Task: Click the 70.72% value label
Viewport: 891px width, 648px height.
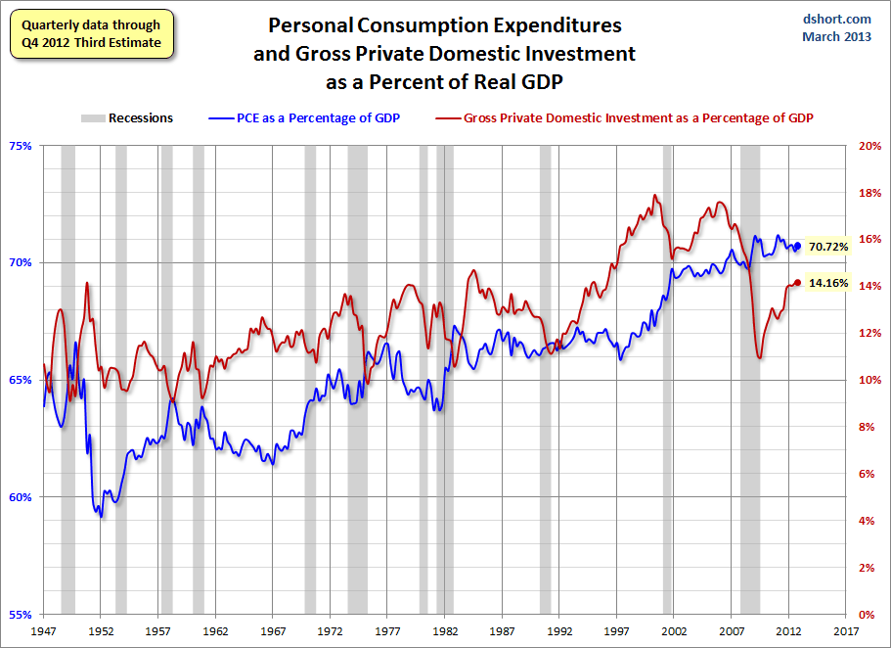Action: (828, 247)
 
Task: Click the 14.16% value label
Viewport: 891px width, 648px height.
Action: (828, 284)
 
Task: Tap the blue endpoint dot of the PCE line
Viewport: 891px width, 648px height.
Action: (798, 247)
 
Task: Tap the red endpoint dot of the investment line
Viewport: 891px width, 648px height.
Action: (798, 283)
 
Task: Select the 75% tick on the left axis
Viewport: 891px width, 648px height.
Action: (21, 145)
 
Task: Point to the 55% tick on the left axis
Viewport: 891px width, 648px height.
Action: (21, 615)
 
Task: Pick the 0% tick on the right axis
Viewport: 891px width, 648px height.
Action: (867, 615)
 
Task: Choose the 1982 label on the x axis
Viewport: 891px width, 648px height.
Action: (446, 632)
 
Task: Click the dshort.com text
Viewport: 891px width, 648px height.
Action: (838, 19)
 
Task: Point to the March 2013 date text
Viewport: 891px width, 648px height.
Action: (838, 37)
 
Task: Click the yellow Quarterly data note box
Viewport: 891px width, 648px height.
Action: (93, 33)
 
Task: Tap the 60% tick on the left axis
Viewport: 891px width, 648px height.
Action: (21, 497)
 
